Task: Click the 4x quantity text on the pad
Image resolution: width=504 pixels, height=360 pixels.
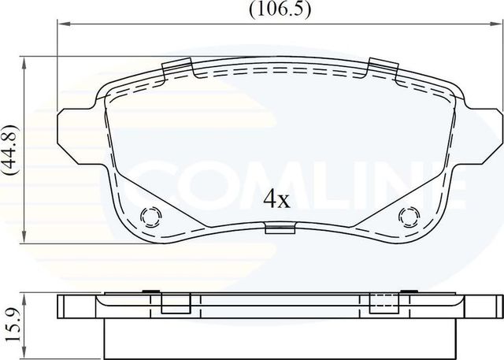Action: (276, 200)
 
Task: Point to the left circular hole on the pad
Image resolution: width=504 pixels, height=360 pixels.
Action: (150, 216)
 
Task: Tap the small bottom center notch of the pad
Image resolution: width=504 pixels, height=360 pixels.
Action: (280, 229)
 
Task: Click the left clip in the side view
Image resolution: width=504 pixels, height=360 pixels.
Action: (175, 303)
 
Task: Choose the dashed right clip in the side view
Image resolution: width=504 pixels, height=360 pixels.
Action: (382, 303)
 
